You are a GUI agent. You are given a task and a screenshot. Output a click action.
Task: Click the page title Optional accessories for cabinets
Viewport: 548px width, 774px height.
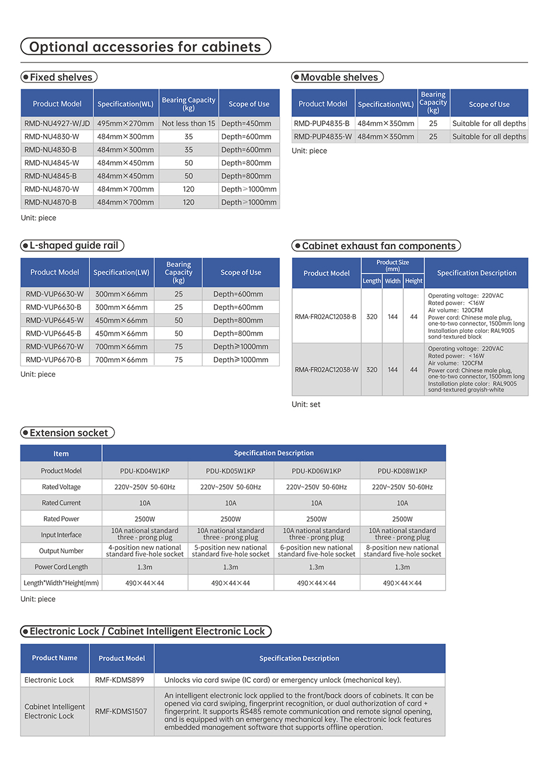coord(145,47)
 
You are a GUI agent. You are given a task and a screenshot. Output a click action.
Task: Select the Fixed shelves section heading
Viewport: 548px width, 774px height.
coord(61,77)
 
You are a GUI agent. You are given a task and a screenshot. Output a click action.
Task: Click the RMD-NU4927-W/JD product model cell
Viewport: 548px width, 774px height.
coord(57,123)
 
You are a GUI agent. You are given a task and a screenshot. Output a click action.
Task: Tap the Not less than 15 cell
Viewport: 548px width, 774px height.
coord(188,123)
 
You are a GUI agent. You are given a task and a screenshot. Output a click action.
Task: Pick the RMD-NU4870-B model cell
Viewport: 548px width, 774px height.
coord(51,202)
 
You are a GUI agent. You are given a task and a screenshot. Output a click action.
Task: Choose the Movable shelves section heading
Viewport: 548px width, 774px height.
coord(339,77)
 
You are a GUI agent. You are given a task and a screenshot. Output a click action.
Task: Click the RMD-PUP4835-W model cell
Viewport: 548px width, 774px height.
coord(323,137)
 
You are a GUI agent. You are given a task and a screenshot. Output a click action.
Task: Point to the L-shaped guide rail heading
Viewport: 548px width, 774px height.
coord(74,245)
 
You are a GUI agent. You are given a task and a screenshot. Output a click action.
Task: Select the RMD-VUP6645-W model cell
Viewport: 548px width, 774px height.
coord(55,320)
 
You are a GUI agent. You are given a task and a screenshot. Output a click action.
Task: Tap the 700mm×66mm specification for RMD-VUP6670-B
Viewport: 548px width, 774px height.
coord(122,360)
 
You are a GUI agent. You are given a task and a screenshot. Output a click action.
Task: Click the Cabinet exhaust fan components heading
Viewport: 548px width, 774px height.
coord(378,246)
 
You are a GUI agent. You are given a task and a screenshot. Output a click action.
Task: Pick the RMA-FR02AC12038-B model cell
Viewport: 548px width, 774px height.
coord(325,317)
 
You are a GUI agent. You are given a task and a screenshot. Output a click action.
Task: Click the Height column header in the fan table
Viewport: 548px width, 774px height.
coord(414,281)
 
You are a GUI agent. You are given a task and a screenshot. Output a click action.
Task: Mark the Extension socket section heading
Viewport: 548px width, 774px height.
coord(68,433)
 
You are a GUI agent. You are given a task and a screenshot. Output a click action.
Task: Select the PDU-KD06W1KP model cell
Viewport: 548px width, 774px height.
coord(317,471)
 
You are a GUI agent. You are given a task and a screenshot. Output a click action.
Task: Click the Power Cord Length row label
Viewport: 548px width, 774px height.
coord(61,567)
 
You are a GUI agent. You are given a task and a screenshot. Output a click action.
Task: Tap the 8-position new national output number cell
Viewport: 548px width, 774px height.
coord(403,551)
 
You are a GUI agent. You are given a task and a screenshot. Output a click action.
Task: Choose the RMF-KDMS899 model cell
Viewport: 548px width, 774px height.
coord(120,680)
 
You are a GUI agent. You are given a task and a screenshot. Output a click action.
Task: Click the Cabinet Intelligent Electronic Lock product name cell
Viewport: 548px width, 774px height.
coord(55,711)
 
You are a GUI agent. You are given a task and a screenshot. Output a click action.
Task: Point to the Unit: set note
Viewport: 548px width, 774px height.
coord(306,404)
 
